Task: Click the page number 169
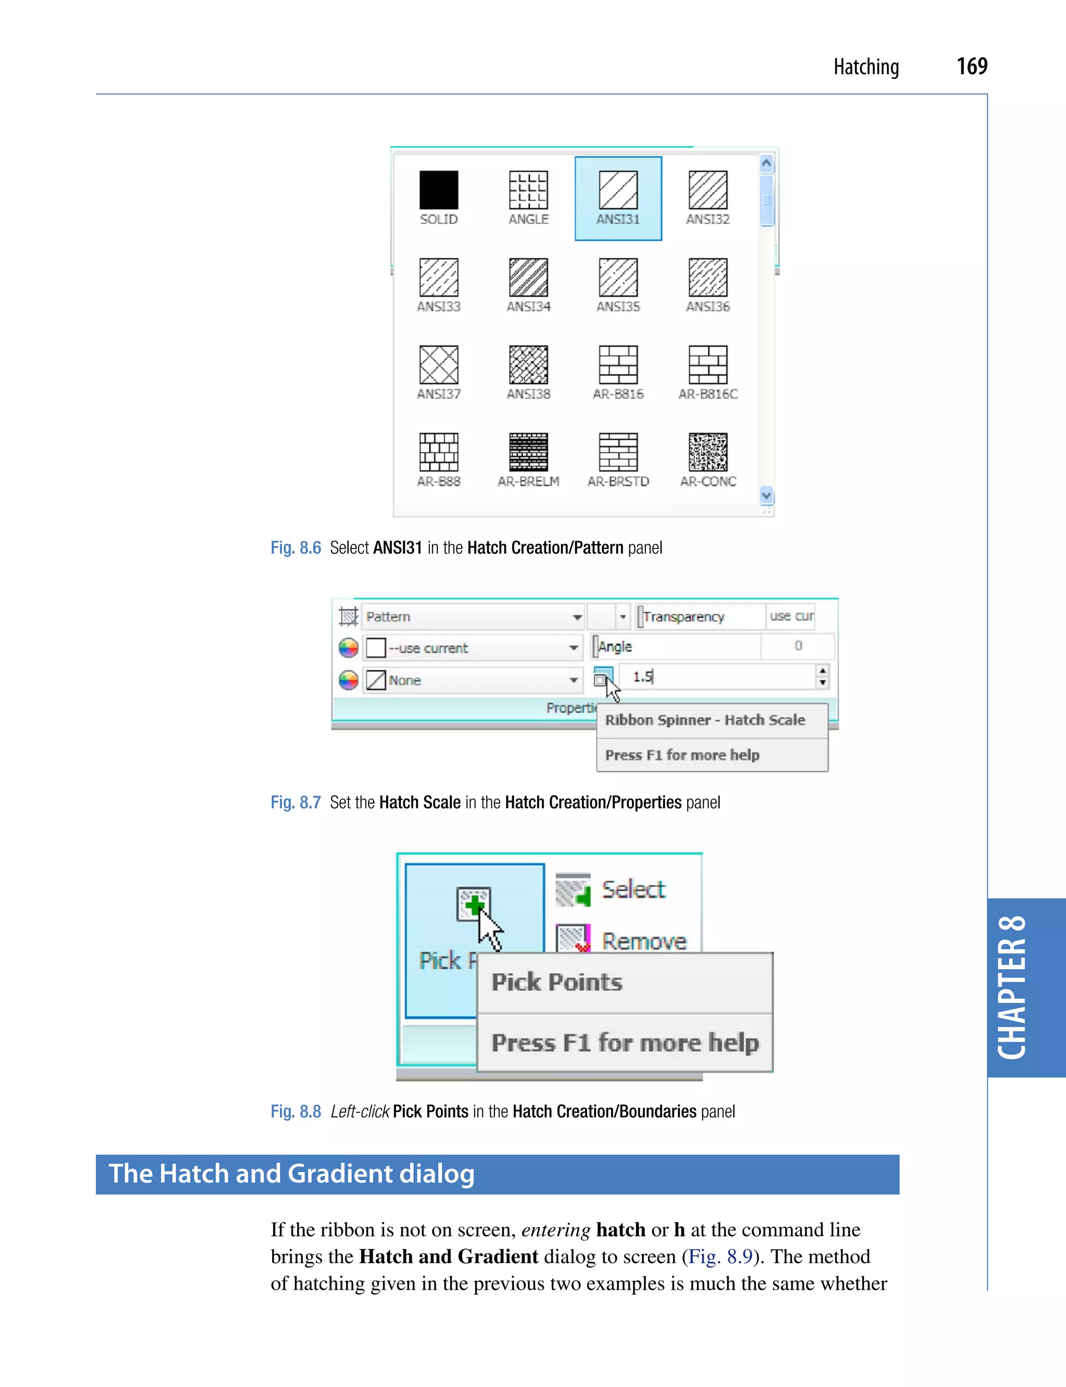(x=971, y=66)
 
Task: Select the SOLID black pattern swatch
(x=438, y=190)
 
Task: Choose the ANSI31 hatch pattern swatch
(x=618, y=190)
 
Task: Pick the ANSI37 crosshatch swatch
(x=438, y=365)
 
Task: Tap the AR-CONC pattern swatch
(x=708, y=452)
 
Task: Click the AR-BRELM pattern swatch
(x=528, y=452)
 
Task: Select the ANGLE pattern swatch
(x=528, y=190)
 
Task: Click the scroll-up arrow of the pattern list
(x=767, y=164)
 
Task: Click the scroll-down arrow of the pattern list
(x=767, y=495)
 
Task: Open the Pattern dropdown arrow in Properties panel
(x=577, y=617)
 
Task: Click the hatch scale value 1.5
(x=643, y=677)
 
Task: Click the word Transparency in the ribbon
(x=683, y=617)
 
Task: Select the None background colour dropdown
(x=473, y=680)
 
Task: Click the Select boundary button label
(x=633, y=889)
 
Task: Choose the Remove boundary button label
(x=643, y=941)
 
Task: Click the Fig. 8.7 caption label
(x=296, y=803)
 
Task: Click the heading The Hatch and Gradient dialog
(x=292, y=1174)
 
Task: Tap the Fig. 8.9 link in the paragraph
(x=720, y=1256)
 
